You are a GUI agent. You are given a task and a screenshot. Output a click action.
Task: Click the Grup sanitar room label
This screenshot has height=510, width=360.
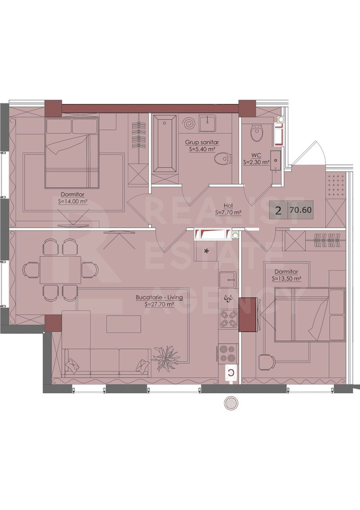(202, 142)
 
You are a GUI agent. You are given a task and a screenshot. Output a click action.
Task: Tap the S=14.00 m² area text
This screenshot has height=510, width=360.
(73, 201)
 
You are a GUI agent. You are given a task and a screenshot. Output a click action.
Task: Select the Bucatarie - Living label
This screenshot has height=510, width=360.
(159, 297)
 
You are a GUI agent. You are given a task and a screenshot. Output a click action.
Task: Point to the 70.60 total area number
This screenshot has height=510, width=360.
(301, 210)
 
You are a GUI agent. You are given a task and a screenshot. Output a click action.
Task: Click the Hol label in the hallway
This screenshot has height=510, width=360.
(228, 206)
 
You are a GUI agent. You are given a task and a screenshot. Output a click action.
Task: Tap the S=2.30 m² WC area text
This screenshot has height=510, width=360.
(256, 162)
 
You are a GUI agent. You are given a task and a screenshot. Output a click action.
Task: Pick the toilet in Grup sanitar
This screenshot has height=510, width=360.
(223, 159)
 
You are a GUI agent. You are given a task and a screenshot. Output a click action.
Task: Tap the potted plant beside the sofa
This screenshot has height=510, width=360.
(167, 357)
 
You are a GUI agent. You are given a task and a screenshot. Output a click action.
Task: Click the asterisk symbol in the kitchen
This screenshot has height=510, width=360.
(206, 251)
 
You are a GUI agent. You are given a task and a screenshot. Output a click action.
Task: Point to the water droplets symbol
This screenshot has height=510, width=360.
(228, 298)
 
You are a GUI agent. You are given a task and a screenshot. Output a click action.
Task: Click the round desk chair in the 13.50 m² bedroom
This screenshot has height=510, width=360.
(267, 362)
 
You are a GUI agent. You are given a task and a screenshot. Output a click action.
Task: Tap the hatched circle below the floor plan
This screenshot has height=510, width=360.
(231, 404)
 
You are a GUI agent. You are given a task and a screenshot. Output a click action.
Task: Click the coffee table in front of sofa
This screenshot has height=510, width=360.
(124, 324)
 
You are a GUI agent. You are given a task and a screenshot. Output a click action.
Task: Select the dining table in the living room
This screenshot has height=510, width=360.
(61, 270)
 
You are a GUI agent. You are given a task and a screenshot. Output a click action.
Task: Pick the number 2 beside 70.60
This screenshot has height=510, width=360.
(278, 210)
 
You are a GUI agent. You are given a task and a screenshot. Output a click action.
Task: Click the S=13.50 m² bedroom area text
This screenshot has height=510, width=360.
(286, 279)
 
